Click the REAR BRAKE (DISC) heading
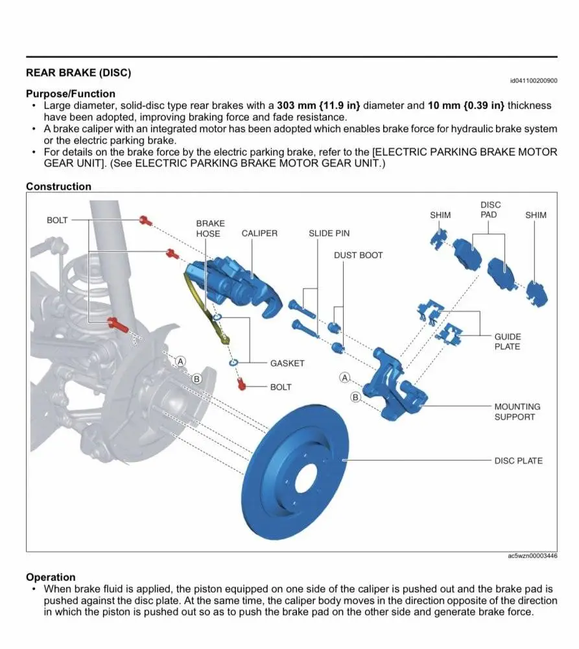point(78,73)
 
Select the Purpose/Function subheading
point(71,93)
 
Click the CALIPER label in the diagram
point(259,233)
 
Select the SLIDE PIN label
point(329,233)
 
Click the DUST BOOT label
point(358,255)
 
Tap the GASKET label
point(287,363)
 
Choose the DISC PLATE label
point(518,461)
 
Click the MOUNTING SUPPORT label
point(517,412)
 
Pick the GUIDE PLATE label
point(507,342)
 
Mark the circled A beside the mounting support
point(345,377)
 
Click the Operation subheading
point(51,577)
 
